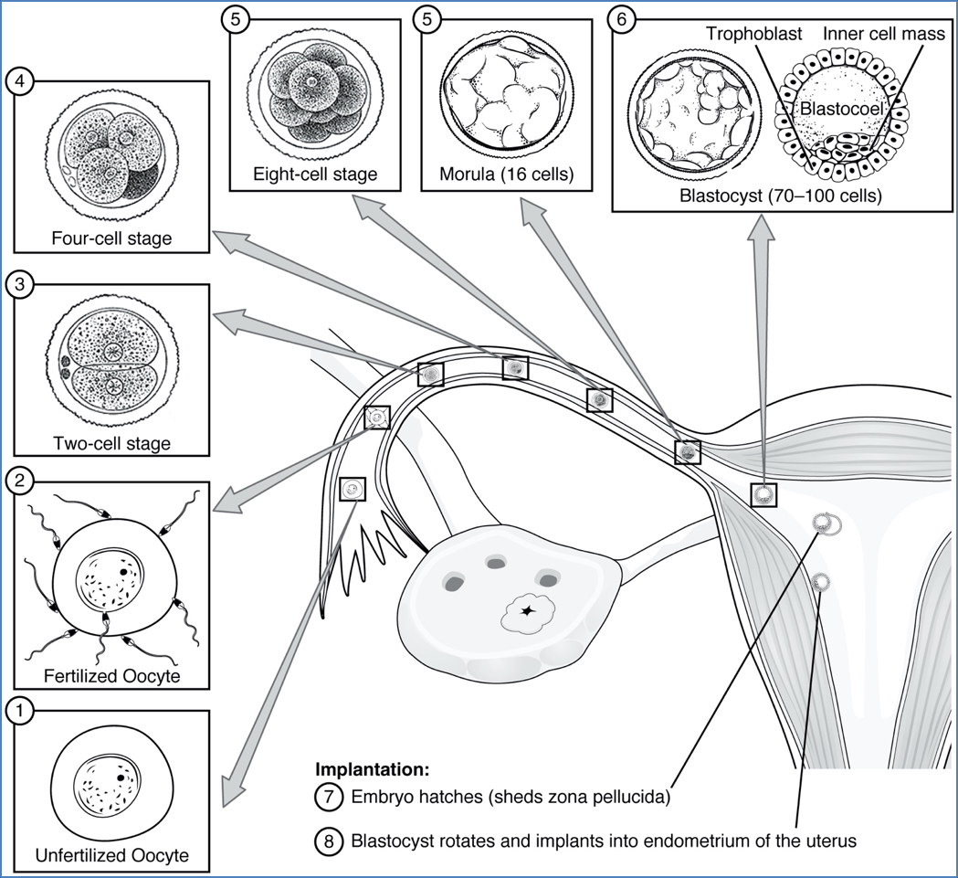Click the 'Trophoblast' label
pos(753,35)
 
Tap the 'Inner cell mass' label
pos(871,35)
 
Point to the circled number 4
pos(20,82)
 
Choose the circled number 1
pos(20,709)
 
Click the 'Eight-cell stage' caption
pos(316,174)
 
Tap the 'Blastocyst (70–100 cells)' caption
pos(780,195)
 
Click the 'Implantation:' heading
pos(372,769)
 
